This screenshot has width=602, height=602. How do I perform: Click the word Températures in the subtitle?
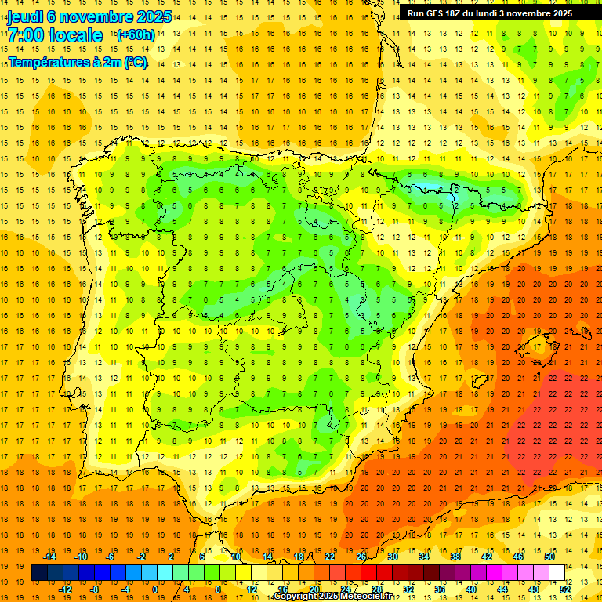point(45,63)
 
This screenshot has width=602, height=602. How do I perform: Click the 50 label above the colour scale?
point(549,557)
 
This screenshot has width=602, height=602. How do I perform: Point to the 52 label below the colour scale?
point(565,589)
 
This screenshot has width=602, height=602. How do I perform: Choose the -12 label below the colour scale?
point(66,589)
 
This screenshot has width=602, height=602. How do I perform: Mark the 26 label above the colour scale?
point(361,557)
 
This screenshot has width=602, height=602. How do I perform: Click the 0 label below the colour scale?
point(155,589)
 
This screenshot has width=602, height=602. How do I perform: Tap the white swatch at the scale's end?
point(557,572)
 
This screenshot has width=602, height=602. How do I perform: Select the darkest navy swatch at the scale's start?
point(39,572)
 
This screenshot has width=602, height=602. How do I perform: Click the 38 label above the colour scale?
point(455,557)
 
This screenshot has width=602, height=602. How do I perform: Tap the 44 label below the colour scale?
point(502,589)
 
